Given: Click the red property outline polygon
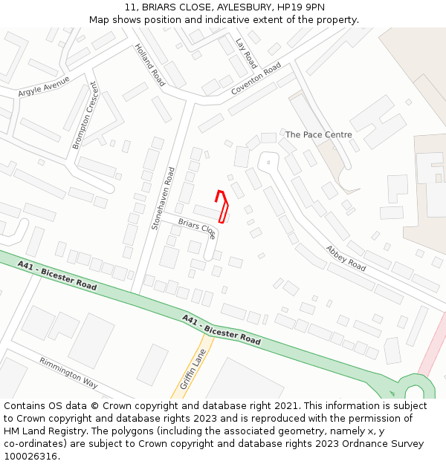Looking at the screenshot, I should tap(222, 206).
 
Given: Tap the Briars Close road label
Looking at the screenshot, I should tap(197, 228).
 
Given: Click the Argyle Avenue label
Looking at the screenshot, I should tap(44, 86).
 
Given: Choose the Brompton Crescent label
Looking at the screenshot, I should tap(85, 115).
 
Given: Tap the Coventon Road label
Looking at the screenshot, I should tap(256, 79).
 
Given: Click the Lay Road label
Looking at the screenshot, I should tap(245, 53).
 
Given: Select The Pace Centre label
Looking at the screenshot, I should tap(318, 135).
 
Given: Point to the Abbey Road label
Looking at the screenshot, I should tap(346, 258).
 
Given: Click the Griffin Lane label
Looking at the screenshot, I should tap(193, 370).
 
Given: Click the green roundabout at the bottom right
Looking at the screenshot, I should tap(414, 388).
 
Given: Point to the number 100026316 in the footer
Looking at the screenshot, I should tap(30, 456).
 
